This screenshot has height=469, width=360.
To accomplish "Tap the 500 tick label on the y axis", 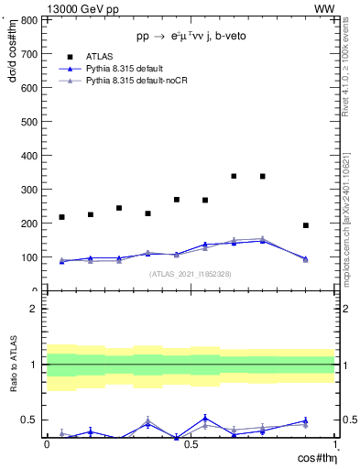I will [x=29, y=121].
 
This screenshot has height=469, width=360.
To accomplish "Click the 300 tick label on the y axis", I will [x=29, y=189].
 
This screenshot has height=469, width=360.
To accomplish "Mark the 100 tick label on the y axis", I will [x=29, y=257].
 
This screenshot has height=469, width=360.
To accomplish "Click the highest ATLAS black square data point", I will [x=235, y=176].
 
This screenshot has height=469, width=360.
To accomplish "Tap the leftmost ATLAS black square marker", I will [x=61, y=217].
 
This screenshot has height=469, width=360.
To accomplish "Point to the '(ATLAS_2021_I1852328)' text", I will [x=190, y=274].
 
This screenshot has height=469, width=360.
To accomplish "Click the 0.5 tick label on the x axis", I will [x=190, y=444].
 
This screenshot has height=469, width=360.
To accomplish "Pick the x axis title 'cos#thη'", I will [x=314, y=457].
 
